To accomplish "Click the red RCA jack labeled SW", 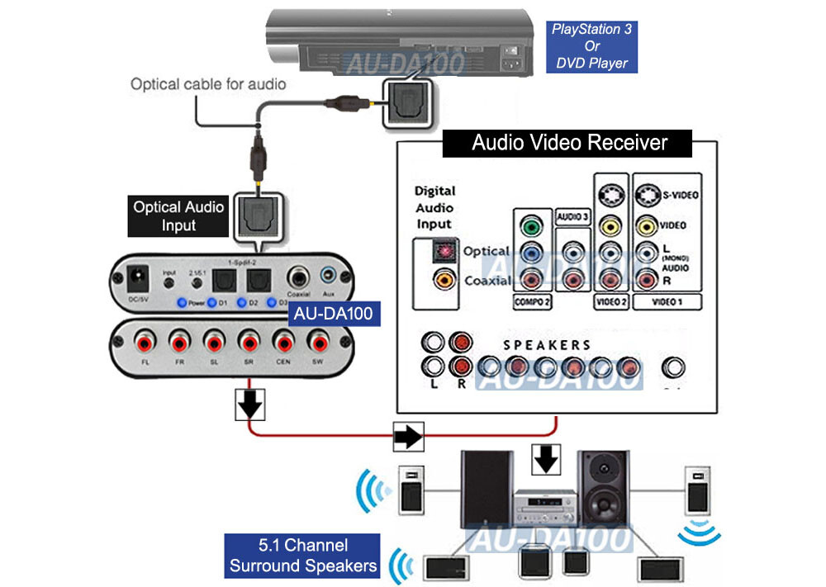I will click(x=316, y=340).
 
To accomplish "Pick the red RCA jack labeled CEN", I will click(x=282, y=340).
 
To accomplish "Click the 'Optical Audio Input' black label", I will click(x=178, y=215).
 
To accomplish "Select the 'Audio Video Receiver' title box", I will click(x=568, y=143).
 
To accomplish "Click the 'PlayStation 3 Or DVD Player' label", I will click(x=590, y=46).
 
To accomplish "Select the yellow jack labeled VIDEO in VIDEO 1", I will click(x=649, y=225).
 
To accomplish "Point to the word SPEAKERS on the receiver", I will click(x=547, y=343).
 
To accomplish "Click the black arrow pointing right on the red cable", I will click(x=406, y=436).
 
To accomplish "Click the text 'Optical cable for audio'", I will click(x=208, y=84).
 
